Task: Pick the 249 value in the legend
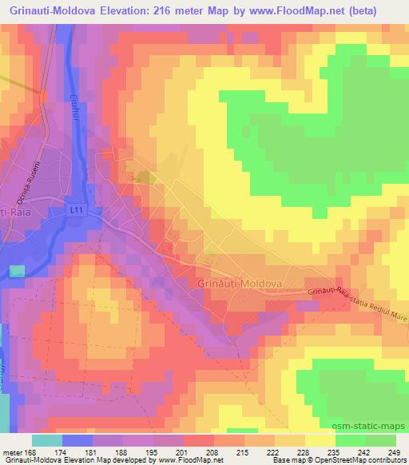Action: click(x=394, y=451)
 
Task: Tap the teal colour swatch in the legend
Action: click(x=47, y=440)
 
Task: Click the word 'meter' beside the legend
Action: click(x=13, y=451)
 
